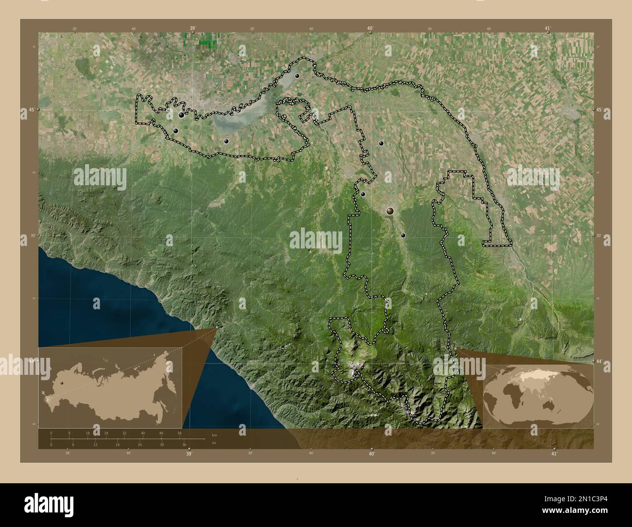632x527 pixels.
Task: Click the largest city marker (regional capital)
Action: [x=390, y=211]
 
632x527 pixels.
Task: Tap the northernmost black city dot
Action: [x=297, y=76]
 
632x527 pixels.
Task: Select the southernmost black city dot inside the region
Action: [x=403, y=235]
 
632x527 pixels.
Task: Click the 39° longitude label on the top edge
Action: [x=193, y=29]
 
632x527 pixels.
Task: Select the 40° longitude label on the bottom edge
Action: [x=371, y=454]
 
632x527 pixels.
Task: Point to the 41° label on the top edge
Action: [x=548, y=29]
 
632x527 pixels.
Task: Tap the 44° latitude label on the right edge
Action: [x=598, y=361]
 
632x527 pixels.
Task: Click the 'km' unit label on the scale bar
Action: [x=214, y=435]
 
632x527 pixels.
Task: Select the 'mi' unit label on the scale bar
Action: [x=214, y=443]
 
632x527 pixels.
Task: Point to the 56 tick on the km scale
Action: [x=180, y=433]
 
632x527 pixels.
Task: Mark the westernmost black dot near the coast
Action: [x=176, y=131]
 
